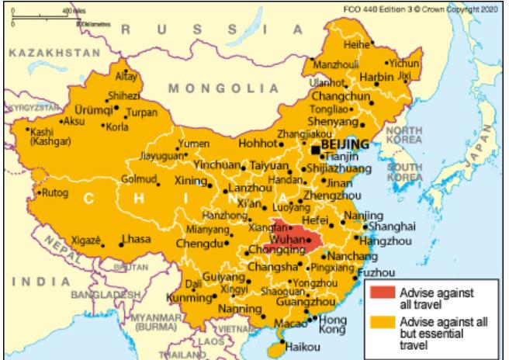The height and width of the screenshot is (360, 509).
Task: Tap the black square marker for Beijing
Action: coord(315,150)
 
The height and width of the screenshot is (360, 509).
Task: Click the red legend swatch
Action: coord(381,293)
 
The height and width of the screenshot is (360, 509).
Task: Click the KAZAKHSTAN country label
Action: coord(51,56)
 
